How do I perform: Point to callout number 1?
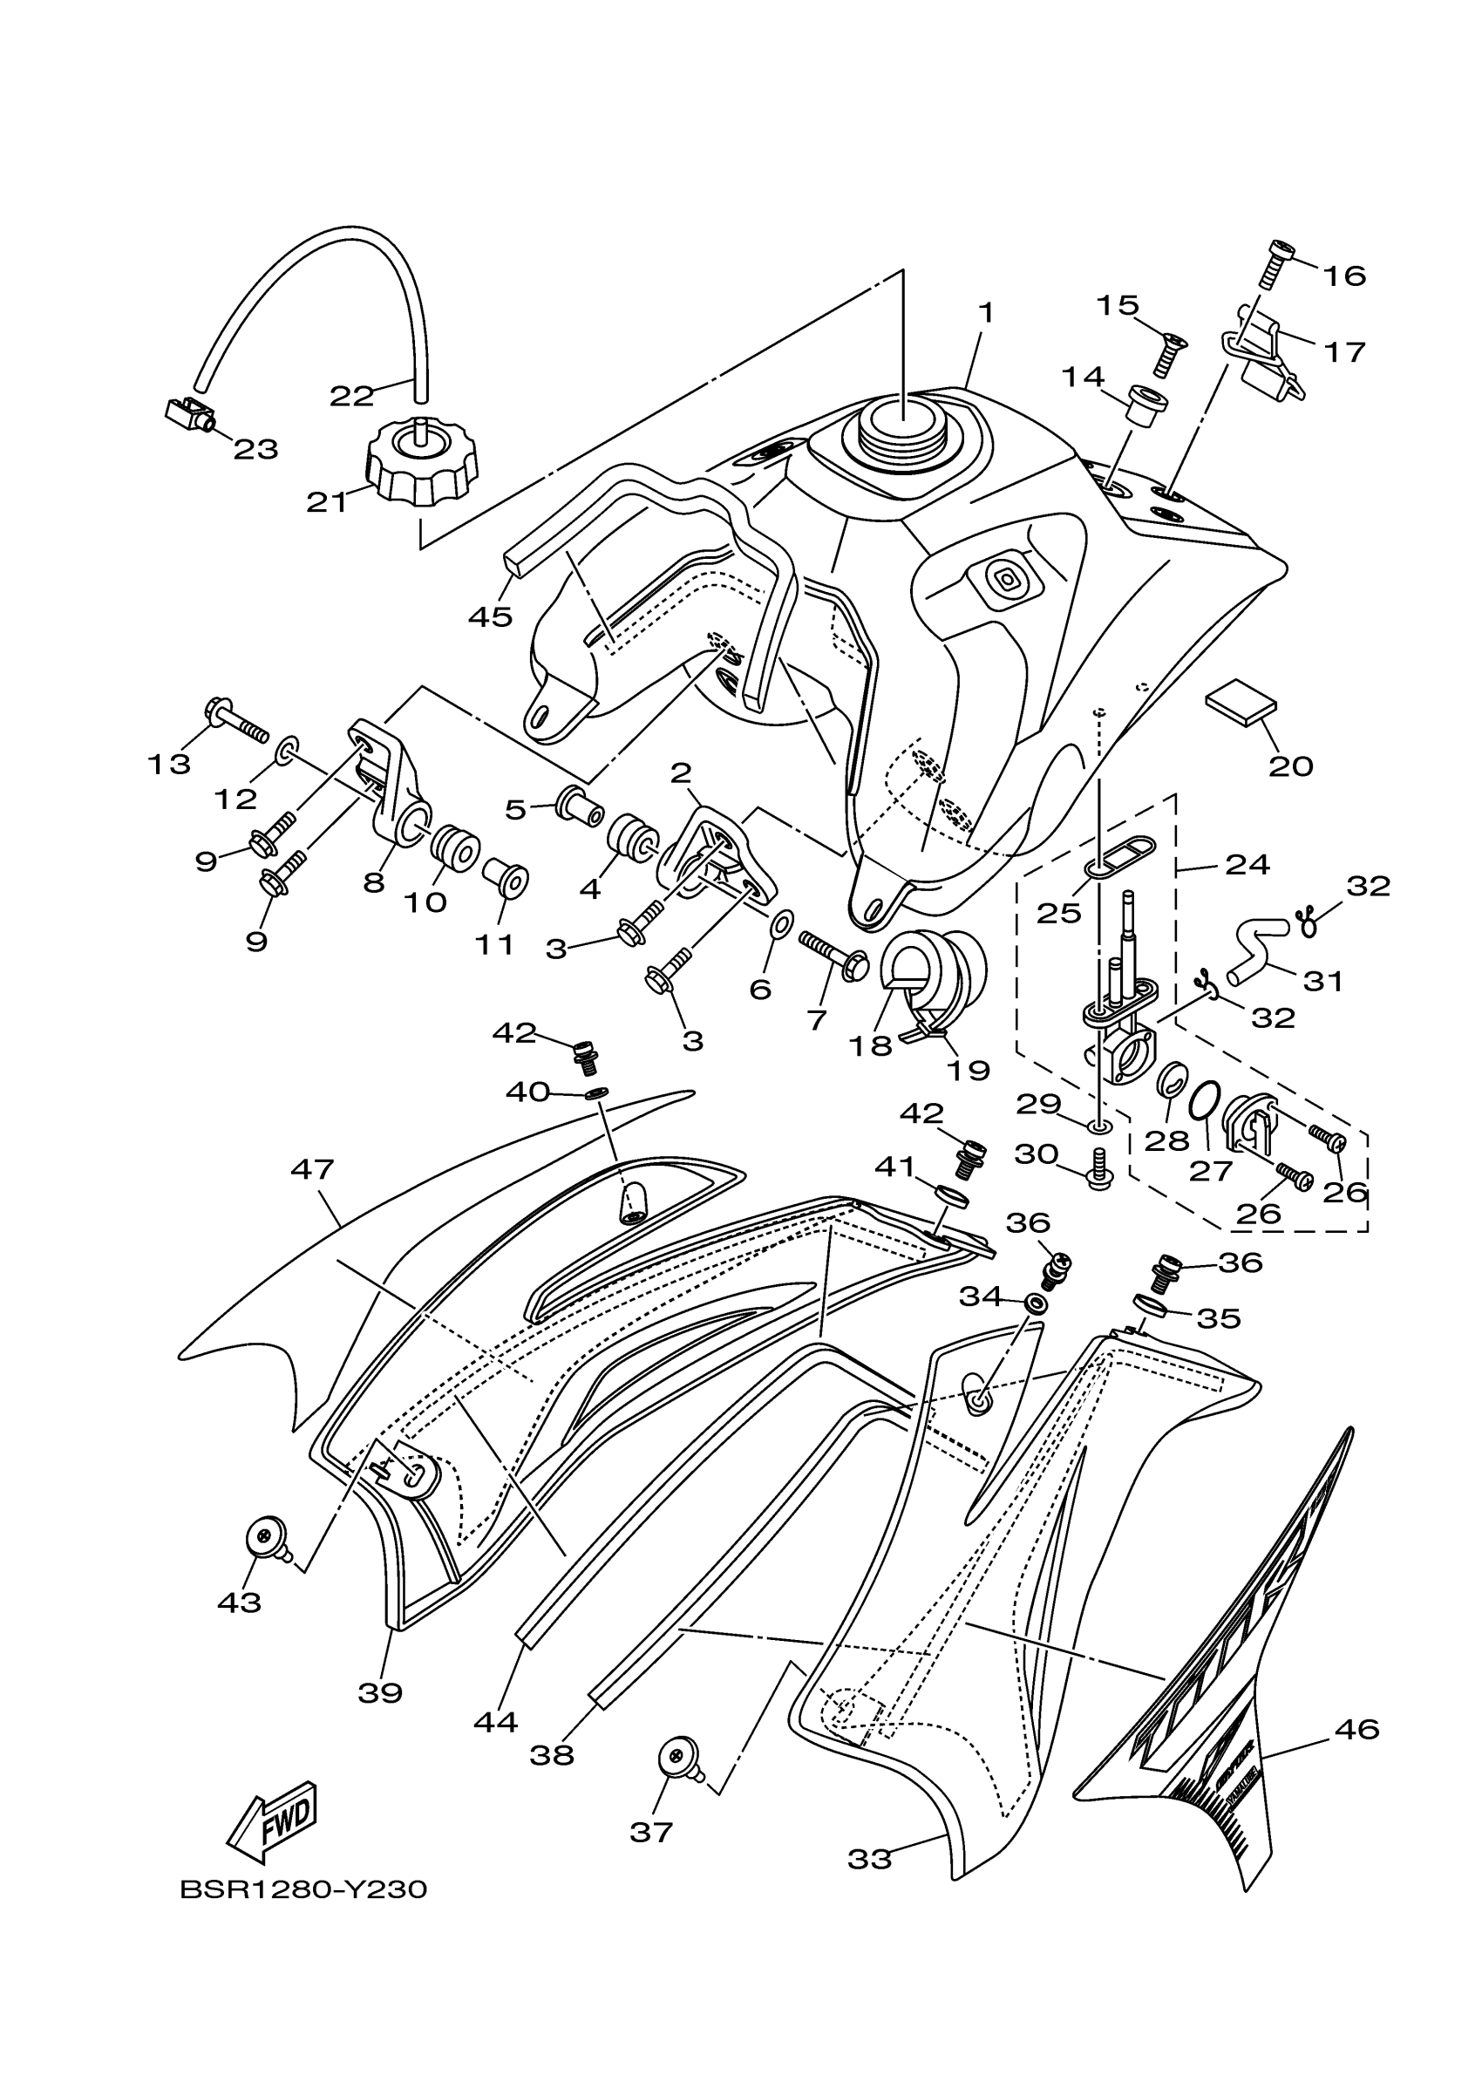click(x=986, y=313)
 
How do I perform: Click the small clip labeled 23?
click(x=191, y=415)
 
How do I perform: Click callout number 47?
click(x=312, y=1169)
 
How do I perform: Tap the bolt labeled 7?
click(x=833, y=950)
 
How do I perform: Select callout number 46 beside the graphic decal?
click(x=1356, y=1729)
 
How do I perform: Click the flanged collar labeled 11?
click(x=506, y=878)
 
